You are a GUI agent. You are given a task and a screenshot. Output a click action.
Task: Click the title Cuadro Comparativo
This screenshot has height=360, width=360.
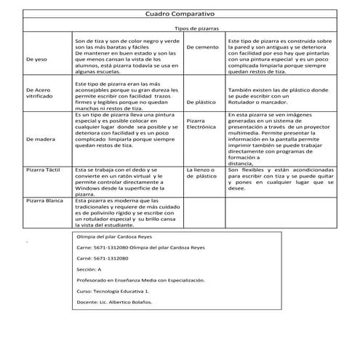click(180, 14)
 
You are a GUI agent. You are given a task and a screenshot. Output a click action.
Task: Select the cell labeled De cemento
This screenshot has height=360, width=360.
click(201, 47)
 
